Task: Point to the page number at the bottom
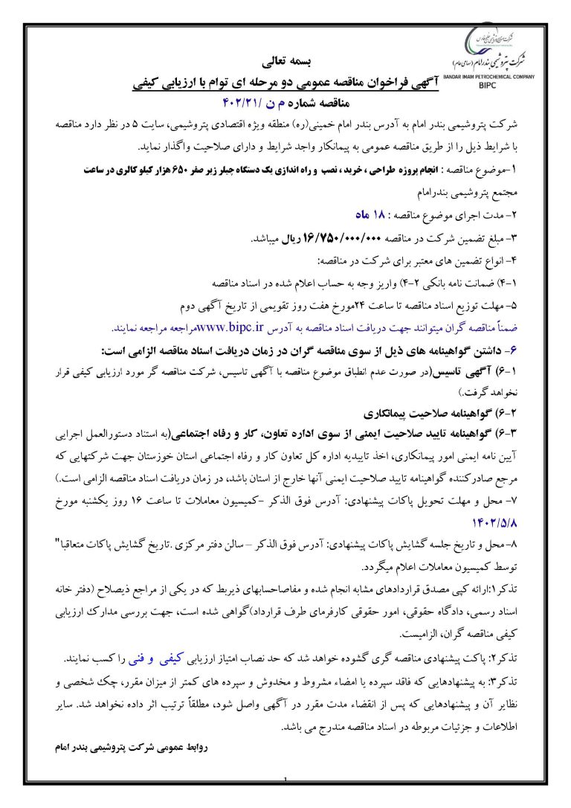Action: pyautogui.click(x=285, y=801)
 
